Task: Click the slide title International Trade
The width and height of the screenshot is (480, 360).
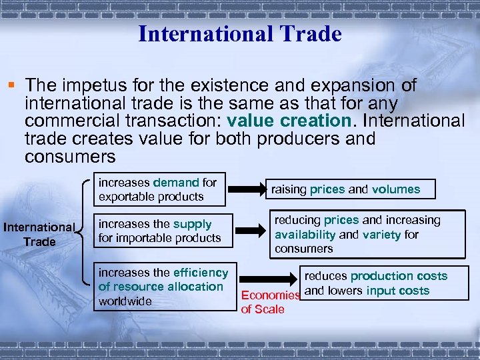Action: (x=239, y=33)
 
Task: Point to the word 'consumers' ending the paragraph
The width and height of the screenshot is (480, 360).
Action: (x=70, y=157)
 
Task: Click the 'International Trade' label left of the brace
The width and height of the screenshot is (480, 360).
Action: (x=39, y=234)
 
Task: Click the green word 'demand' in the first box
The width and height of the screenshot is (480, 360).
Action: (x=176, y=182)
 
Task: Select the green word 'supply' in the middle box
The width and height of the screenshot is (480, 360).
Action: (x=193, y=224)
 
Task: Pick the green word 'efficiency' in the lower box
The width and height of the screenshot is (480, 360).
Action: (x=200, y=272)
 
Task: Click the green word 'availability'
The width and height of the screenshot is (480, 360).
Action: (x=305, y=234)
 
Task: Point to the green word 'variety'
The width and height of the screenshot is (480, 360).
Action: (x=381, y=234)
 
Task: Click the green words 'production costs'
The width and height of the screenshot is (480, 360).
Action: (x=399, y=276)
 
